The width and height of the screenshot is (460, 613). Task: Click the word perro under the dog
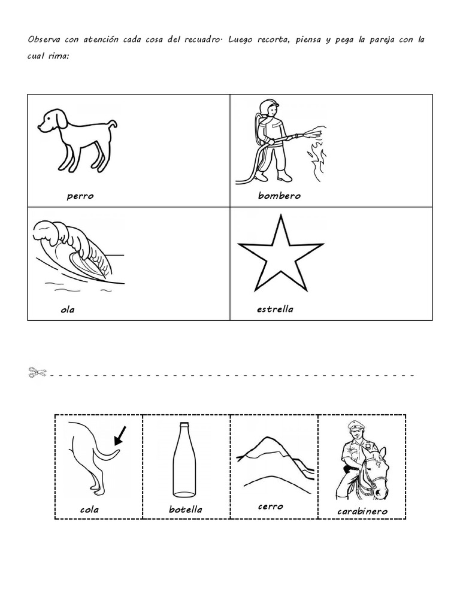click(x=80, y=196)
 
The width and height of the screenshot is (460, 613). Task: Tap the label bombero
click(x=279, y=196)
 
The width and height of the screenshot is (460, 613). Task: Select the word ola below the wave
click(x=68, y=310)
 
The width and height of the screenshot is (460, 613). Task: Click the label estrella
click(x=274, y=309)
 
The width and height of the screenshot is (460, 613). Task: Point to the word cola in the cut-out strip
click(x=89, y=510)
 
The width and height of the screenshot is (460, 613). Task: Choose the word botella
click(x=186, y=510)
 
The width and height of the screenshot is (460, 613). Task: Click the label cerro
click(x=270, y=506)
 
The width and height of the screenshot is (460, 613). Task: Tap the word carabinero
click(x=362, y=511)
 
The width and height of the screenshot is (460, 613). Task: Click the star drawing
click(x=280, y=254)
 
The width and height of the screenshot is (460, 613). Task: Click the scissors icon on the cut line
click(x=37, y=373)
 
